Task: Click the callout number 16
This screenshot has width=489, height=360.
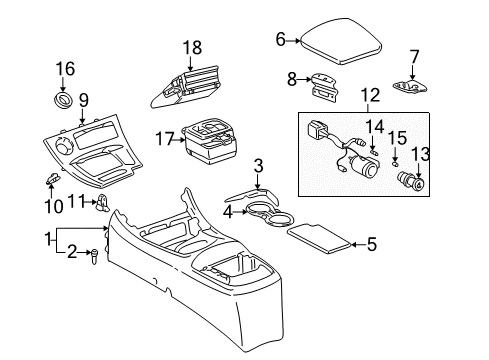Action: pyautogui.click(x=65, y=68)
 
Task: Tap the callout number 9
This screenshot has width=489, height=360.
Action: pyautogui.click(x=83, y=99)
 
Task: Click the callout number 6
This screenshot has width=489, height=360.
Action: pyautogui.click(x=281, y=40)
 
